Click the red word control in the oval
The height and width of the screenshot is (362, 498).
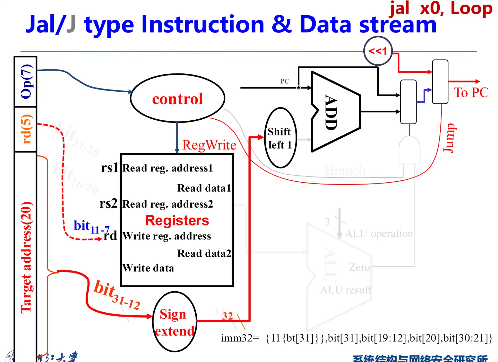177,99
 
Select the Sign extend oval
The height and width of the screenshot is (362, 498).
174,322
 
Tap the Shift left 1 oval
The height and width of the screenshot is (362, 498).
280,138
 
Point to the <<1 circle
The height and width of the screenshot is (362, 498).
378,51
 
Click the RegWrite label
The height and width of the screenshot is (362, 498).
209,145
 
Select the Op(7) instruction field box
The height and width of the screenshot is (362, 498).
26,81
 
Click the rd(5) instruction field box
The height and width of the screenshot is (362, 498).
26,129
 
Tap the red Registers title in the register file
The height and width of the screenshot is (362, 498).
177,221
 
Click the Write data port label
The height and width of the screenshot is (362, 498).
148,268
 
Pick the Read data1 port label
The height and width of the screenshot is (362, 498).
204,188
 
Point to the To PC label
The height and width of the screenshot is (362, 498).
471,93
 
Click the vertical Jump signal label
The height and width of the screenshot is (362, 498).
449,138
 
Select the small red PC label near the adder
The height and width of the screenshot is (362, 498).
285,81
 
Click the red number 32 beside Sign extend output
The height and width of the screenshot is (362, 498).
227,316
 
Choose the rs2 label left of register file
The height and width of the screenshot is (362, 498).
108,203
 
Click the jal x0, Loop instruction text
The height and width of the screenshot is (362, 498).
441,8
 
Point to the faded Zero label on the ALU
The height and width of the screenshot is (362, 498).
359,267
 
